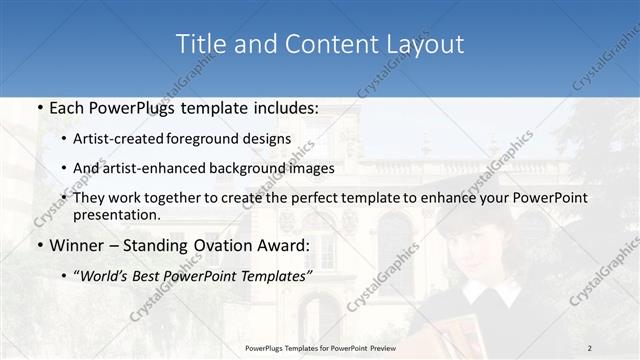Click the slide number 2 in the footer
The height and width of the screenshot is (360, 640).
pos(590,347)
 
